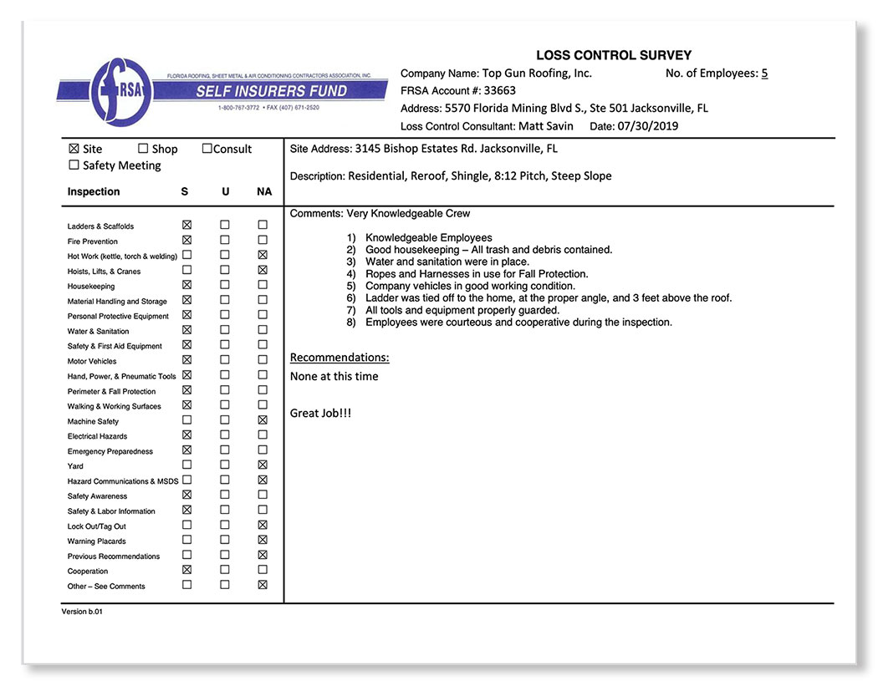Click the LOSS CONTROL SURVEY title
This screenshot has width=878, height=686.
[613, 55]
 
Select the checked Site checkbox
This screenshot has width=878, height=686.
[74, 149]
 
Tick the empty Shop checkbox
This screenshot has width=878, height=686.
[143, 149]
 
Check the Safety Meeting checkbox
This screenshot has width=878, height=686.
[74, 165]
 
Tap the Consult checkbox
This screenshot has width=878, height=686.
[207, 149]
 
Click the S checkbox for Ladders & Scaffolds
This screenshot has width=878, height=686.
[186, 226]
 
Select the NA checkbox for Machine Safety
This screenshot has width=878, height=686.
[263, 420]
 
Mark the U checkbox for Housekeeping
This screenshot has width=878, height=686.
[224, 286]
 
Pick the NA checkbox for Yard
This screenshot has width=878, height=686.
[263, 465]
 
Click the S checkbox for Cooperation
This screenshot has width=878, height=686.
[186, 571]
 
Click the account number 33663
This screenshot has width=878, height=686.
[499, 91]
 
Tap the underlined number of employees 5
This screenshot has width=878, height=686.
[764, 74]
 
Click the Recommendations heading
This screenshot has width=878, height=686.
[339, 358]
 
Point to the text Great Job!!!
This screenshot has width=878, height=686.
[320, 413]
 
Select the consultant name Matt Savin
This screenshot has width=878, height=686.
[546, 126]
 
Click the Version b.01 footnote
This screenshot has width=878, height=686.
[82, 612]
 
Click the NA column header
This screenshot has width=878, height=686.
[263, 192]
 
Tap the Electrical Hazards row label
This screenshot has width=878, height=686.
[97, 436]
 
